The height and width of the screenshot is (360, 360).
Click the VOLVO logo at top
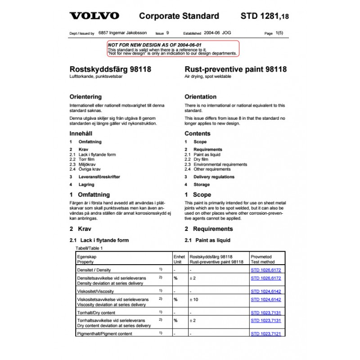(94, 16)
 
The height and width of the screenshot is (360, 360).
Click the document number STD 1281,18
(265, 16)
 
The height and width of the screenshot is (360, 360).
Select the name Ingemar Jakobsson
(129, 33)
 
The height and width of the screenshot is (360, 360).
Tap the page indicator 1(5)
(279, 33)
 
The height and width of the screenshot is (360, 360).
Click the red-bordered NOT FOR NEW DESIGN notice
(173, 49)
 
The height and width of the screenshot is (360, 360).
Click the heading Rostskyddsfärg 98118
(110, 70)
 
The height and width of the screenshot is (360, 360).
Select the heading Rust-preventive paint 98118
(235, 70)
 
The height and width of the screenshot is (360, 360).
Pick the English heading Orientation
(200, 97)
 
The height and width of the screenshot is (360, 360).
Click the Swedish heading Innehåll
(82, 134)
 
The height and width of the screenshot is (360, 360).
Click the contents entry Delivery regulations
(214, 177)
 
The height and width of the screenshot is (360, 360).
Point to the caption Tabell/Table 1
(89, 248)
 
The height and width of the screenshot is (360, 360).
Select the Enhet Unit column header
(179, 259)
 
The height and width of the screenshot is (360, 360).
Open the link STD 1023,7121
(265, 334)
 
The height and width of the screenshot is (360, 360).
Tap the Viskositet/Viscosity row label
(96, 291)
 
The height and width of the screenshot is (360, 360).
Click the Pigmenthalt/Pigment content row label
(105, 334)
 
